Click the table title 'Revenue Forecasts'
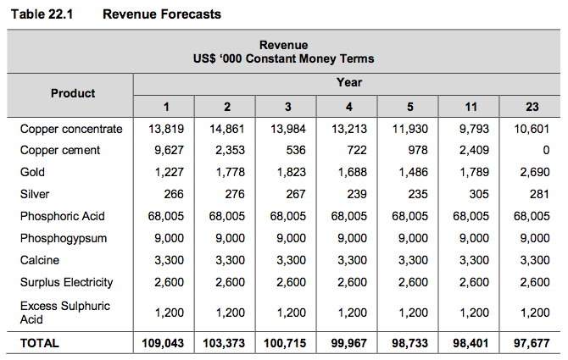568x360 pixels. click(x=161, y=14)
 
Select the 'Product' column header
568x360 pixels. click(x=73, y=93)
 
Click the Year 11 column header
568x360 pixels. click(x=471, y=107)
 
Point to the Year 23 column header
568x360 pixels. click(x=532, y=107)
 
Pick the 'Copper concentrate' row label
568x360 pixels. click(x=72, y=129)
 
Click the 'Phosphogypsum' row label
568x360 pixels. click(x=64, y=238)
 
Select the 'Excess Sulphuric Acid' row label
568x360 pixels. click(x=65, y=312)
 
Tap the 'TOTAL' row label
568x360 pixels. click(x=40, y=343)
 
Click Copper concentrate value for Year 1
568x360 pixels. click(x=166, y=129)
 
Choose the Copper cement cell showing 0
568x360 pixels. click(x=545, y=151)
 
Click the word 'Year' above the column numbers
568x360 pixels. click(x=348, y=82)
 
